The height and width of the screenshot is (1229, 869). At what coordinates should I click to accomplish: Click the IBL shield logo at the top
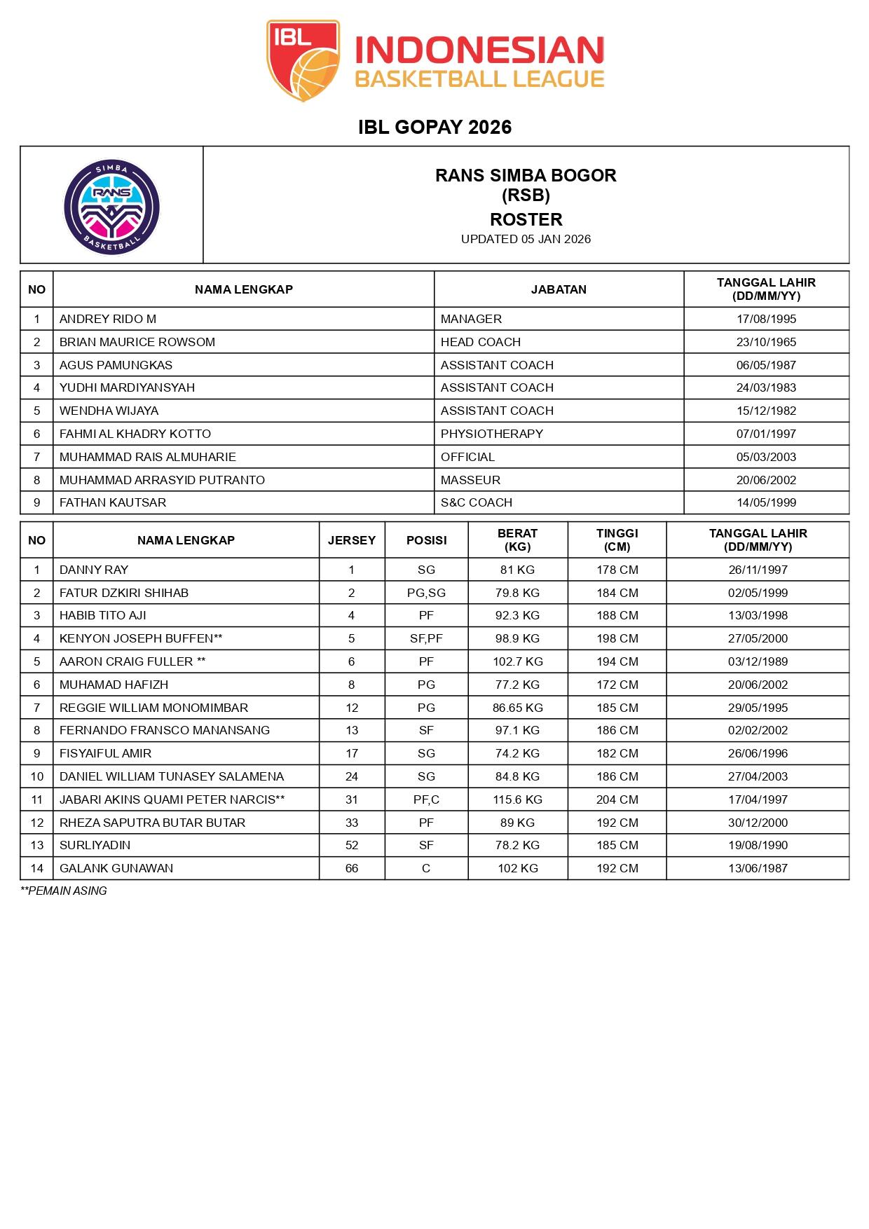(x=303, y=60)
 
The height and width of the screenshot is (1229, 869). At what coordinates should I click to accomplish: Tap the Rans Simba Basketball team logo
(x=111, y=206)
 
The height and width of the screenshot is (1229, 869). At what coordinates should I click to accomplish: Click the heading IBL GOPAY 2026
(x=434, y=127)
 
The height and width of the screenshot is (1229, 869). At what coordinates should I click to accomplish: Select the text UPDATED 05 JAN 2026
(x=526, y=239)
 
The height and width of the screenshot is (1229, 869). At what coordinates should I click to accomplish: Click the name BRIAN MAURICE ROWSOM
(x=137, y=342)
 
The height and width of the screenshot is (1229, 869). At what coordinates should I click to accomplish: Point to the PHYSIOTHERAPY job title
(x=492, y=434)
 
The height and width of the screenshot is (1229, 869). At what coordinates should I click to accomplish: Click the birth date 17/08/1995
(x=766, y=319)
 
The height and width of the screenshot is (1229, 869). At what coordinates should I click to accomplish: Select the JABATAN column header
(x=559, y=289)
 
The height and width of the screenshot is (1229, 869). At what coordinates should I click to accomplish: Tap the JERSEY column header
(x=352, y=540)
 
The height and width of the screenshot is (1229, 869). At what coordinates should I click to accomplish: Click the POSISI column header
(x=426, y=540)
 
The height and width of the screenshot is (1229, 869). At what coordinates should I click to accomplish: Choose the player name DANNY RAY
(x=94, y=570)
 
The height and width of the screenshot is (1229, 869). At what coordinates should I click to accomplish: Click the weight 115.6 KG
(x=518, y=799)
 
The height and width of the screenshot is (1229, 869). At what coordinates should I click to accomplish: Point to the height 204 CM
(x=617, y=799)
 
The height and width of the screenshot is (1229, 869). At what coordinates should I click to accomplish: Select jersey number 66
(x=352, y=868)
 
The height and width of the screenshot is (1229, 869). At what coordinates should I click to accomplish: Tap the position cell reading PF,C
(x=426, y=799)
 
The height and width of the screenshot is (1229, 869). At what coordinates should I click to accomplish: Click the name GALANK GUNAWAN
(x=116, y=868)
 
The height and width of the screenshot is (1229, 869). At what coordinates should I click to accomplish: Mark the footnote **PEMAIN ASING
(x=64, y=891)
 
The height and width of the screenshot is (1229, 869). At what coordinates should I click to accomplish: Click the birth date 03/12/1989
(x=758, y=661)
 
